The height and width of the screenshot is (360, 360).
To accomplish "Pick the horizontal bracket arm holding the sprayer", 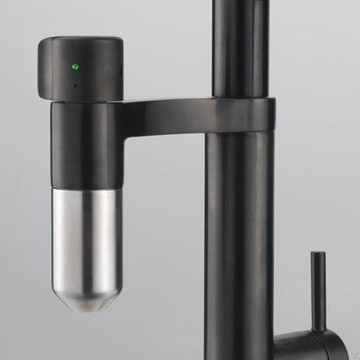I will [162, 112].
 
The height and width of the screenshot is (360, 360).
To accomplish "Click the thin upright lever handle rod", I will [318, 288].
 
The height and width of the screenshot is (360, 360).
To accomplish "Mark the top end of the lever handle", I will [318, 256].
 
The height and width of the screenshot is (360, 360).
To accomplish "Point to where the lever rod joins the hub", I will [318, 328].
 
